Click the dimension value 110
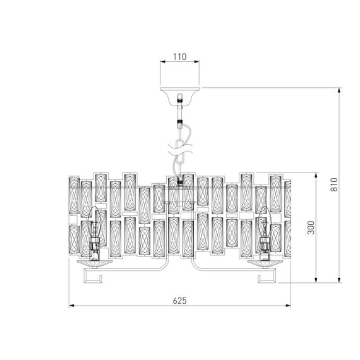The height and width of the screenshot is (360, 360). click(180, 57)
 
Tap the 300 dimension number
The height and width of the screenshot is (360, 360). click(310, 227)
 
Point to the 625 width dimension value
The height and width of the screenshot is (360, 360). click(180, 300)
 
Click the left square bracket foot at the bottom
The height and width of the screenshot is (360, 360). click(95, 277)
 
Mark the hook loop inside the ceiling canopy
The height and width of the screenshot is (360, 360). click(181, 98)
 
